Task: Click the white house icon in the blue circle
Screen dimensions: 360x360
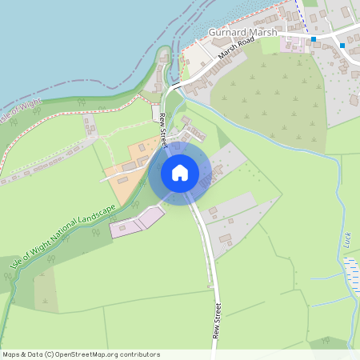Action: [x=179, y=172]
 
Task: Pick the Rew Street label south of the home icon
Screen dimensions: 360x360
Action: [x=216, y=321]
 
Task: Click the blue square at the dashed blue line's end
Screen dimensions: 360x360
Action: [x=314, y=38]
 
